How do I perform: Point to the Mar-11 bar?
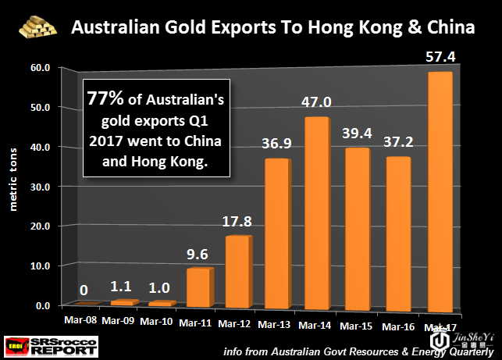coord(198,287)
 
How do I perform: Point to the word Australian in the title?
coord(110,29)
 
